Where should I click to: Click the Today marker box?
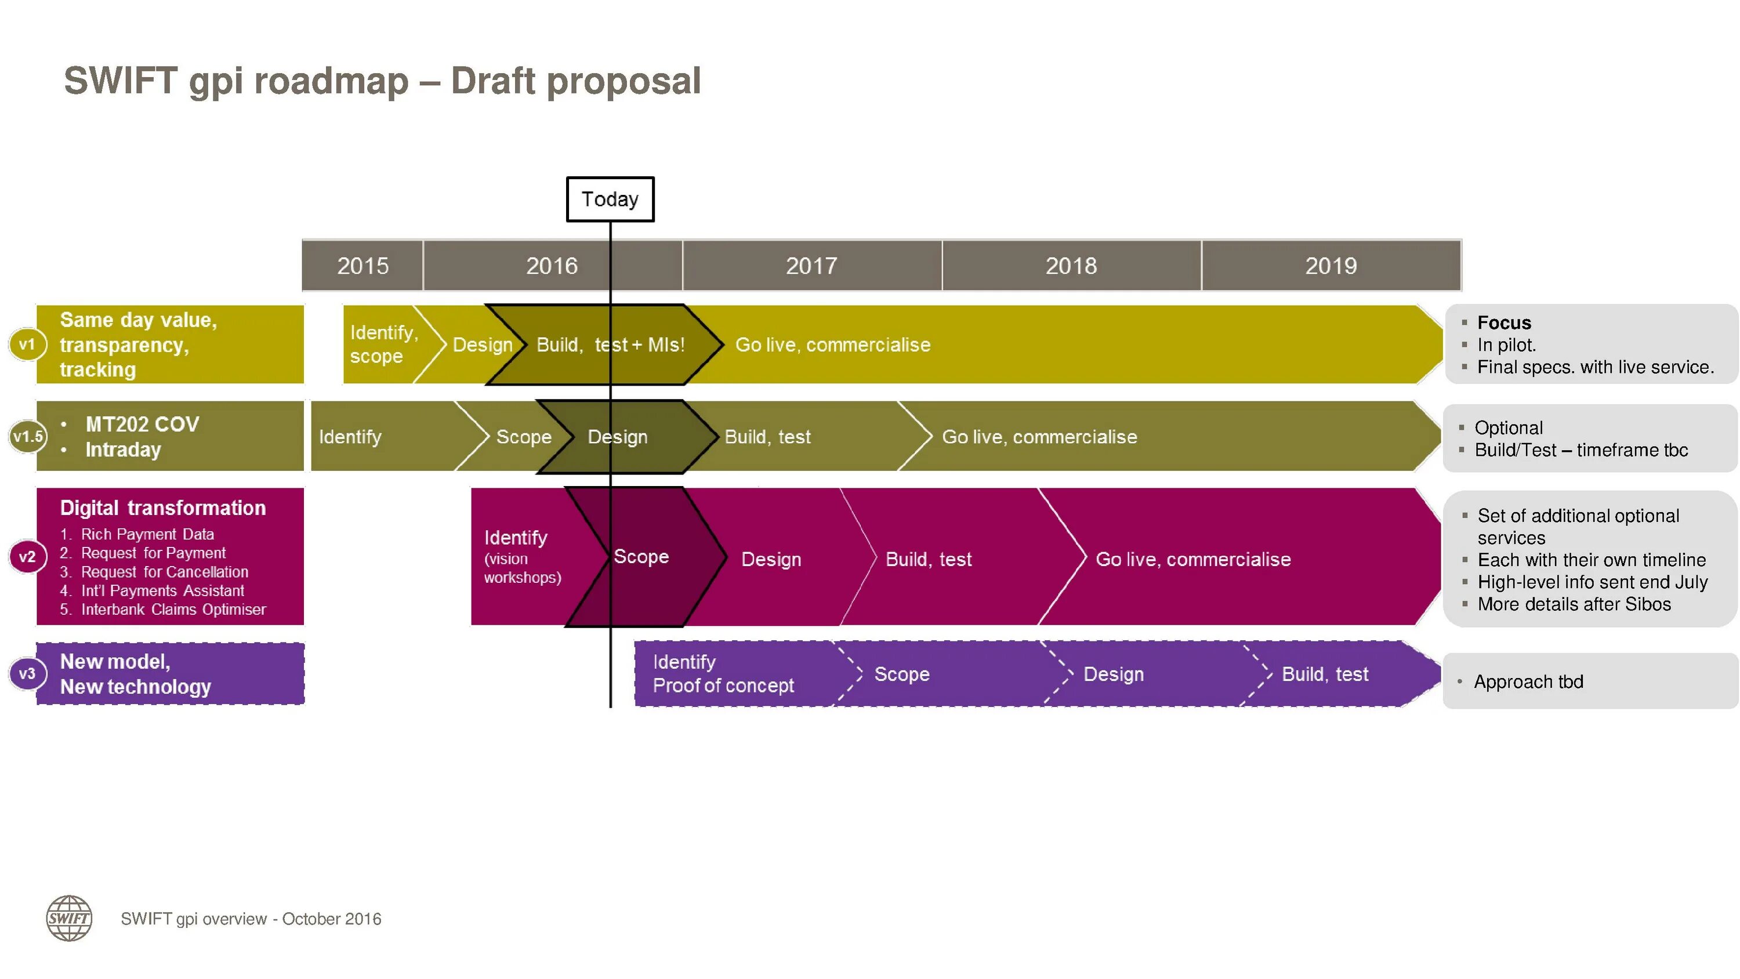point(610,200)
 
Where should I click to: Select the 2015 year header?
point(362,266)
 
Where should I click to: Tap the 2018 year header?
point(1071,266)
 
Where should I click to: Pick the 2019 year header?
point(1331,266)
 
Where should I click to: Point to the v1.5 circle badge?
point(28,437)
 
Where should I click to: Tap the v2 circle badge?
point(27,557)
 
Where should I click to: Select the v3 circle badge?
point(27,673)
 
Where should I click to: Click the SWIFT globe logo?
point(69,918)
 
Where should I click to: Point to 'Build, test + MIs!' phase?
point(610,345)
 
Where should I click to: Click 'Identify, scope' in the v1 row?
point(383,344)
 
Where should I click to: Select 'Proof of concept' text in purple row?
point(723,685)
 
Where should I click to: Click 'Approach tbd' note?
point(1528,681)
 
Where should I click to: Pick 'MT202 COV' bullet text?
point(142,425)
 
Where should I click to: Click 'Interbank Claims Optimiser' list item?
point(173,610)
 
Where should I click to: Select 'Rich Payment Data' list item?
point(147,534)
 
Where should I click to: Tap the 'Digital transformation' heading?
point(163,508)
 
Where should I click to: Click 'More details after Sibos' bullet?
point(1574,604)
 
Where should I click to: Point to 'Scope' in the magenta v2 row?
point(641,557)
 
